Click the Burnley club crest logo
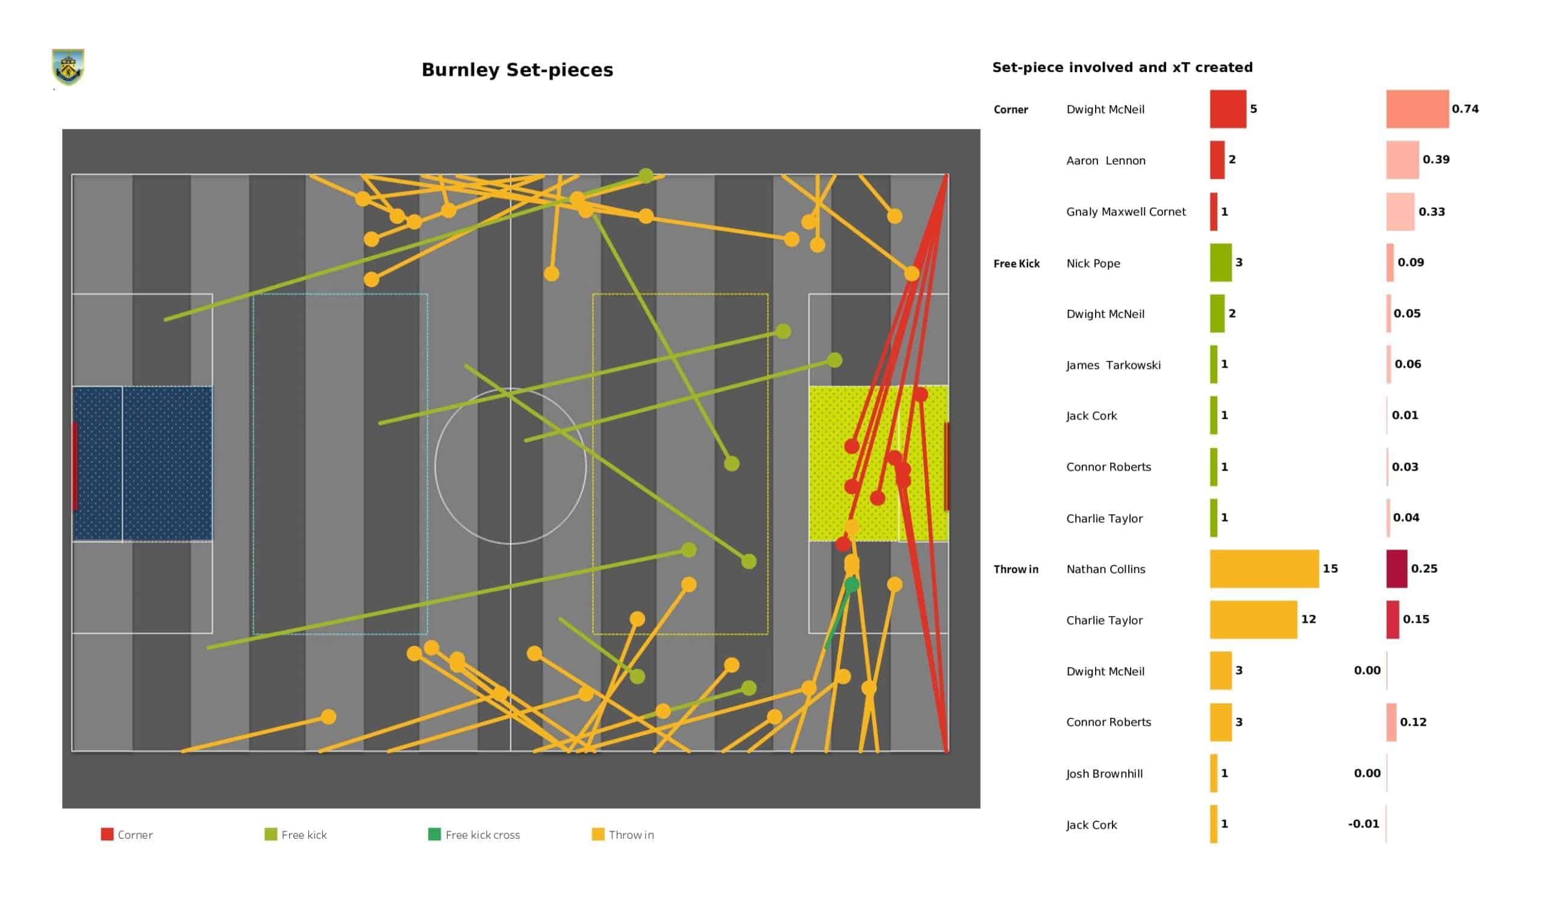pos(68,67)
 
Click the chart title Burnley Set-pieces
pos(517,70)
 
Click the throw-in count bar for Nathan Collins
pos(1264,569)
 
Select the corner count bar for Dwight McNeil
pos(1228,109)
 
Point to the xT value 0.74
pos(1465,109)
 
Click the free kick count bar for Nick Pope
pos(1220,263)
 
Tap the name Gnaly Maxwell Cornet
pos(1125,212)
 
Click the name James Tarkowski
pos(1113,365)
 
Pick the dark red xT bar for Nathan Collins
pos(1396,569)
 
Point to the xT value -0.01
pos(1363,824)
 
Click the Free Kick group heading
pos(1016,264)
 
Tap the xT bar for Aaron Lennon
pos(1402,160)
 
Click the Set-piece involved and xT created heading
pos(1122,67)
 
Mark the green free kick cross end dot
pos(851,585)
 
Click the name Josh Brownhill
pos(1104,774)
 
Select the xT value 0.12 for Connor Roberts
pos(1413,722)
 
